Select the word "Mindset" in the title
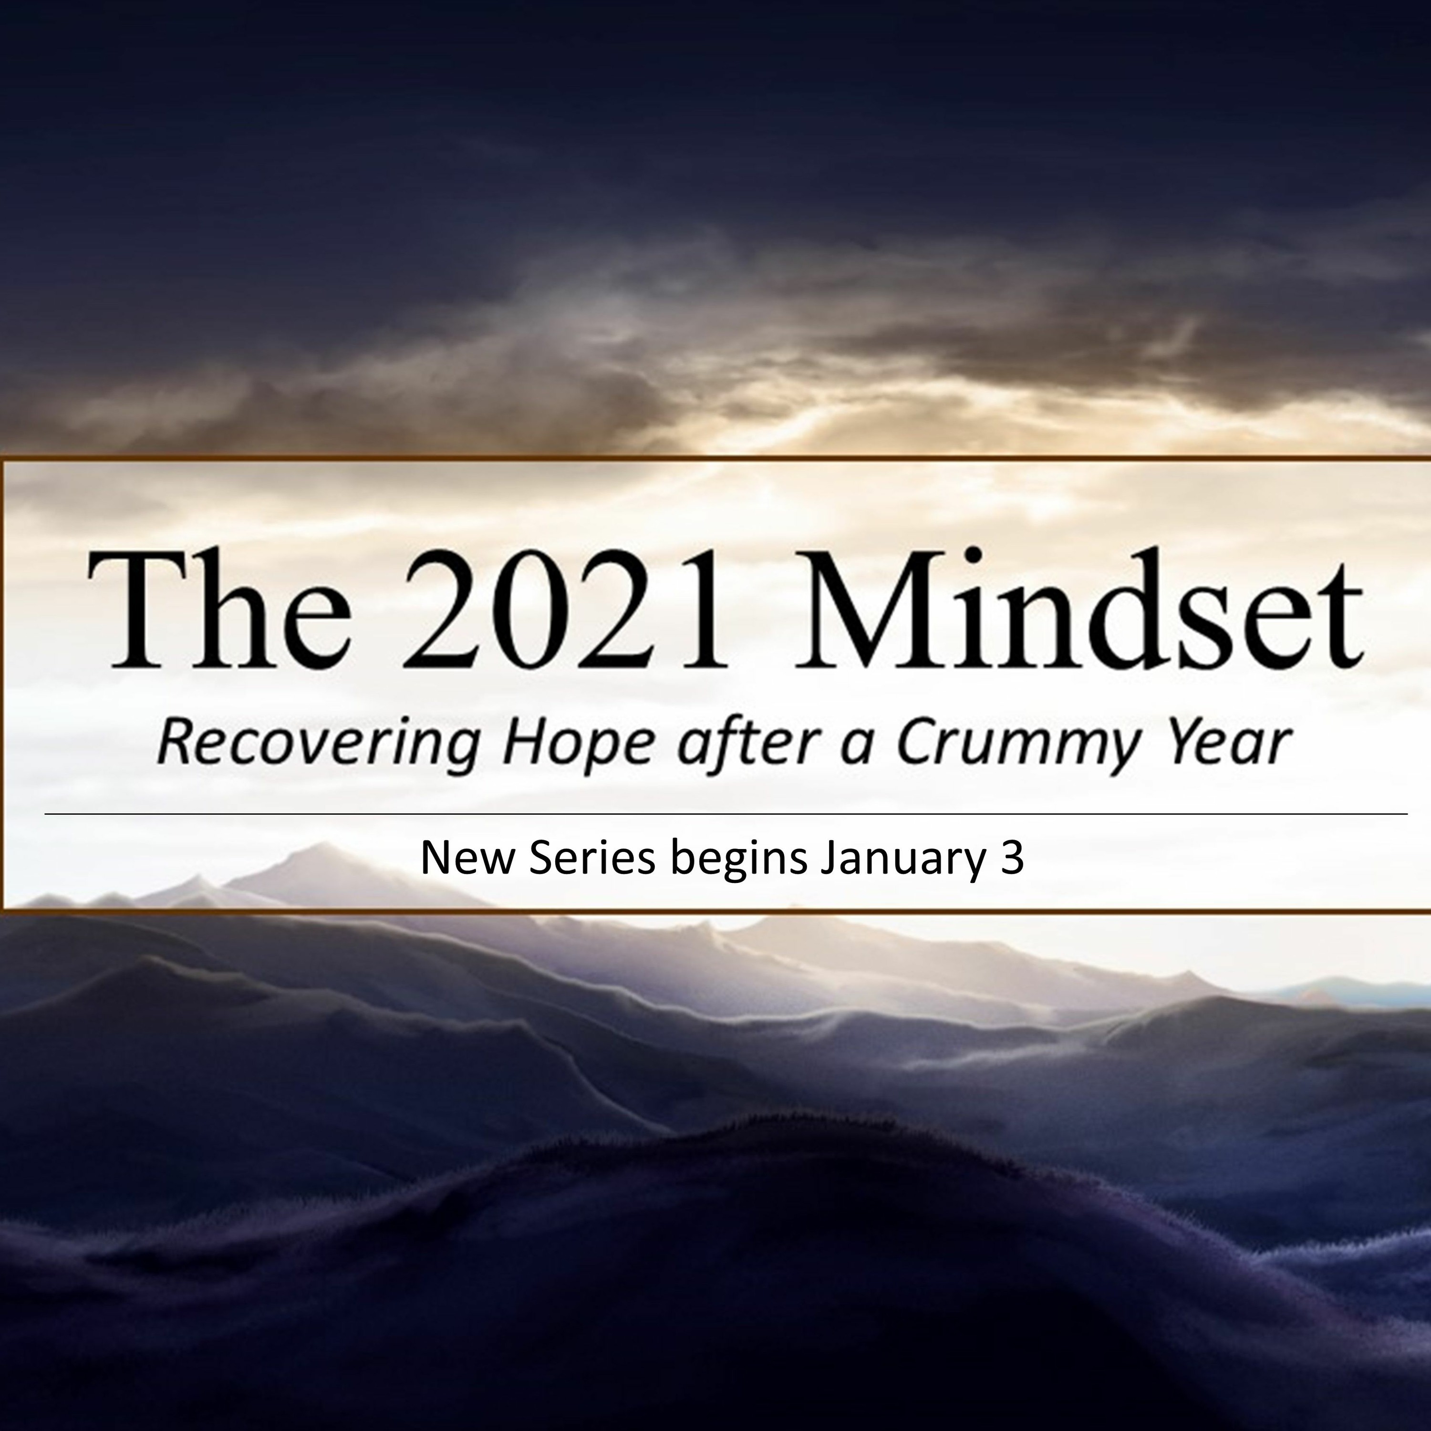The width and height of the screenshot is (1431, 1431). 1078,607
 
